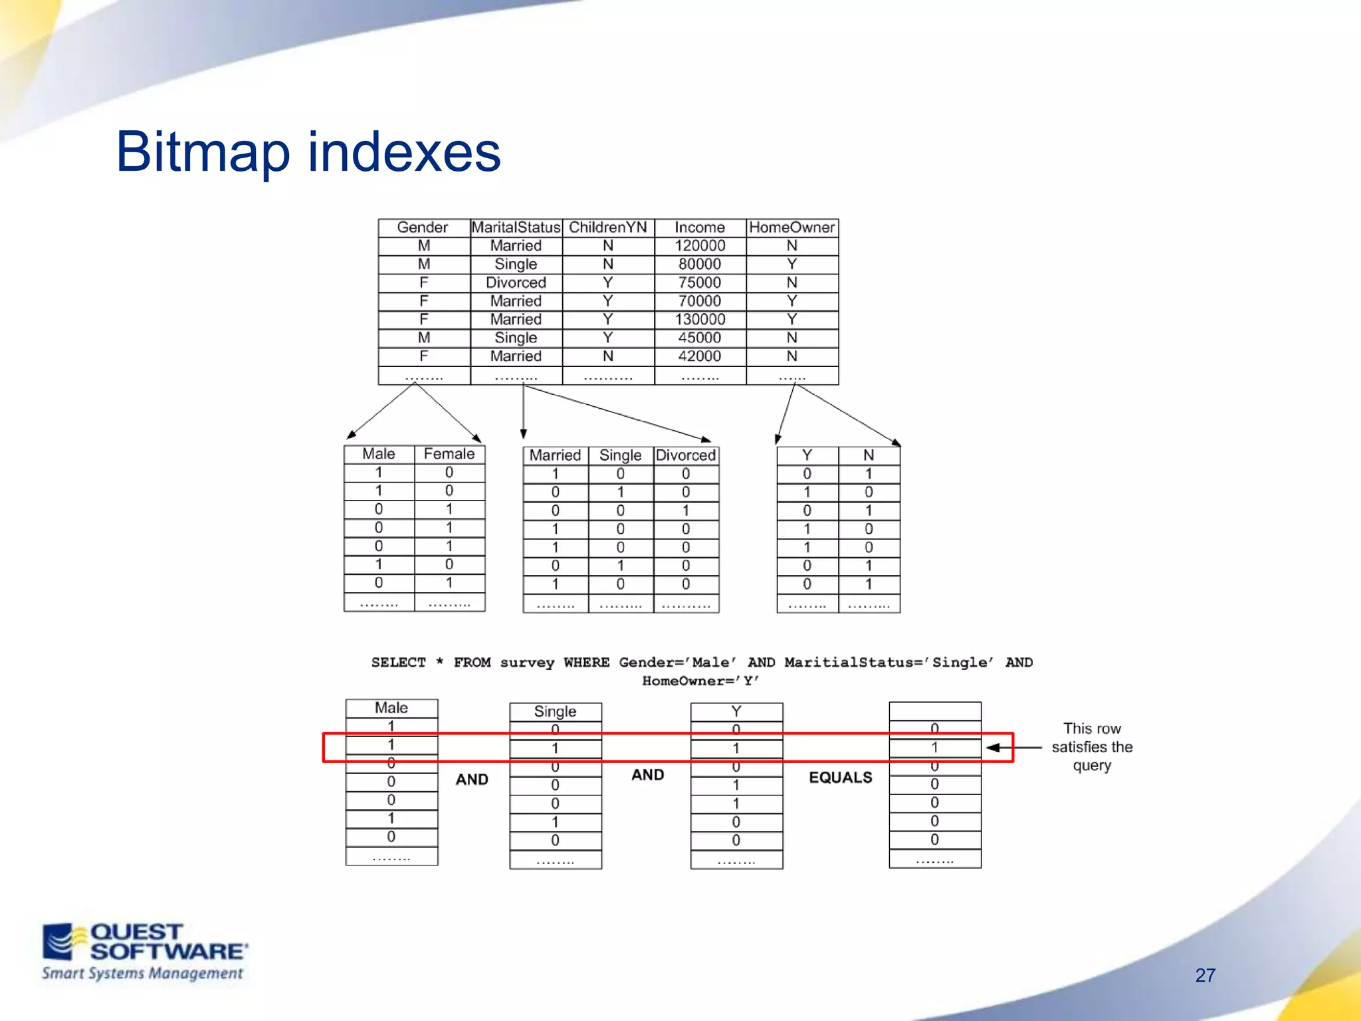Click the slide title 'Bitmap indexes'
[308, 152]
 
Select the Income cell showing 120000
[700, 246]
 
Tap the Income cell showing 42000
[700, 356]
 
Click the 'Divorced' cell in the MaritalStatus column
[516, 283]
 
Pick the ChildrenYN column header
[607, 227]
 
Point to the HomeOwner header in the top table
[791, 227]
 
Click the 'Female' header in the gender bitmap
[449, 454]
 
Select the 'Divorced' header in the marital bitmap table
[686, 455]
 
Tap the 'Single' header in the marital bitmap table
[620, 455]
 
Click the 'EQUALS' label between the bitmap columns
[840, 778]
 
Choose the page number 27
[1205, 975]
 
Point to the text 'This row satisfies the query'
[1092, 747]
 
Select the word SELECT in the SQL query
[398, 663]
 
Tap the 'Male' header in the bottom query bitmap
[391, 708]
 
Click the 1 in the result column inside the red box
[934, 748]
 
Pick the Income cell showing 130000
[700, 320]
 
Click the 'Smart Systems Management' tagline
[142, 974]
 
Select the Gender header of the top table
[423, 227]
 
